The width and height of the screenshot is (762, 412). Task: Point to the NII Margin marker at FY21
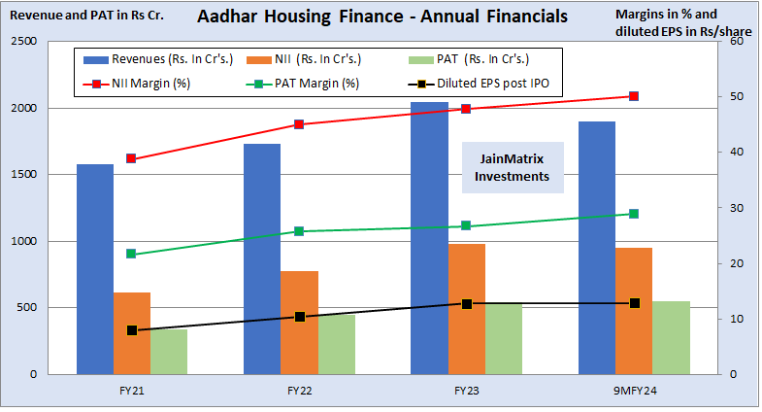point(131,158)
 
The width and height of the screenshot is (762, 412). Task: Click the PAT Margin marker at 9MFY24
point(634,214)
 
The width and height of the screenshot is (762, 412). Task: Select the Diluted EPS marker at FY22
point(299,317)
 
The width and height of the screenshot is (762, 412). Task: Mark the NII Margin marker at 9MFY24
point(634,96)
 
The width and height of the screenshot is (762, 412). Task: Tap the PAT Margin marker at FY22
point(299,231)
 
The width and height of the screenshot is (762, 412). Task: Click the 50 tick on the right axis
point(735,97)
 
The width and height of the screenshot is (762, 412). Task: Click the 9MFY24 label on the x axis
point(634,390)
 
